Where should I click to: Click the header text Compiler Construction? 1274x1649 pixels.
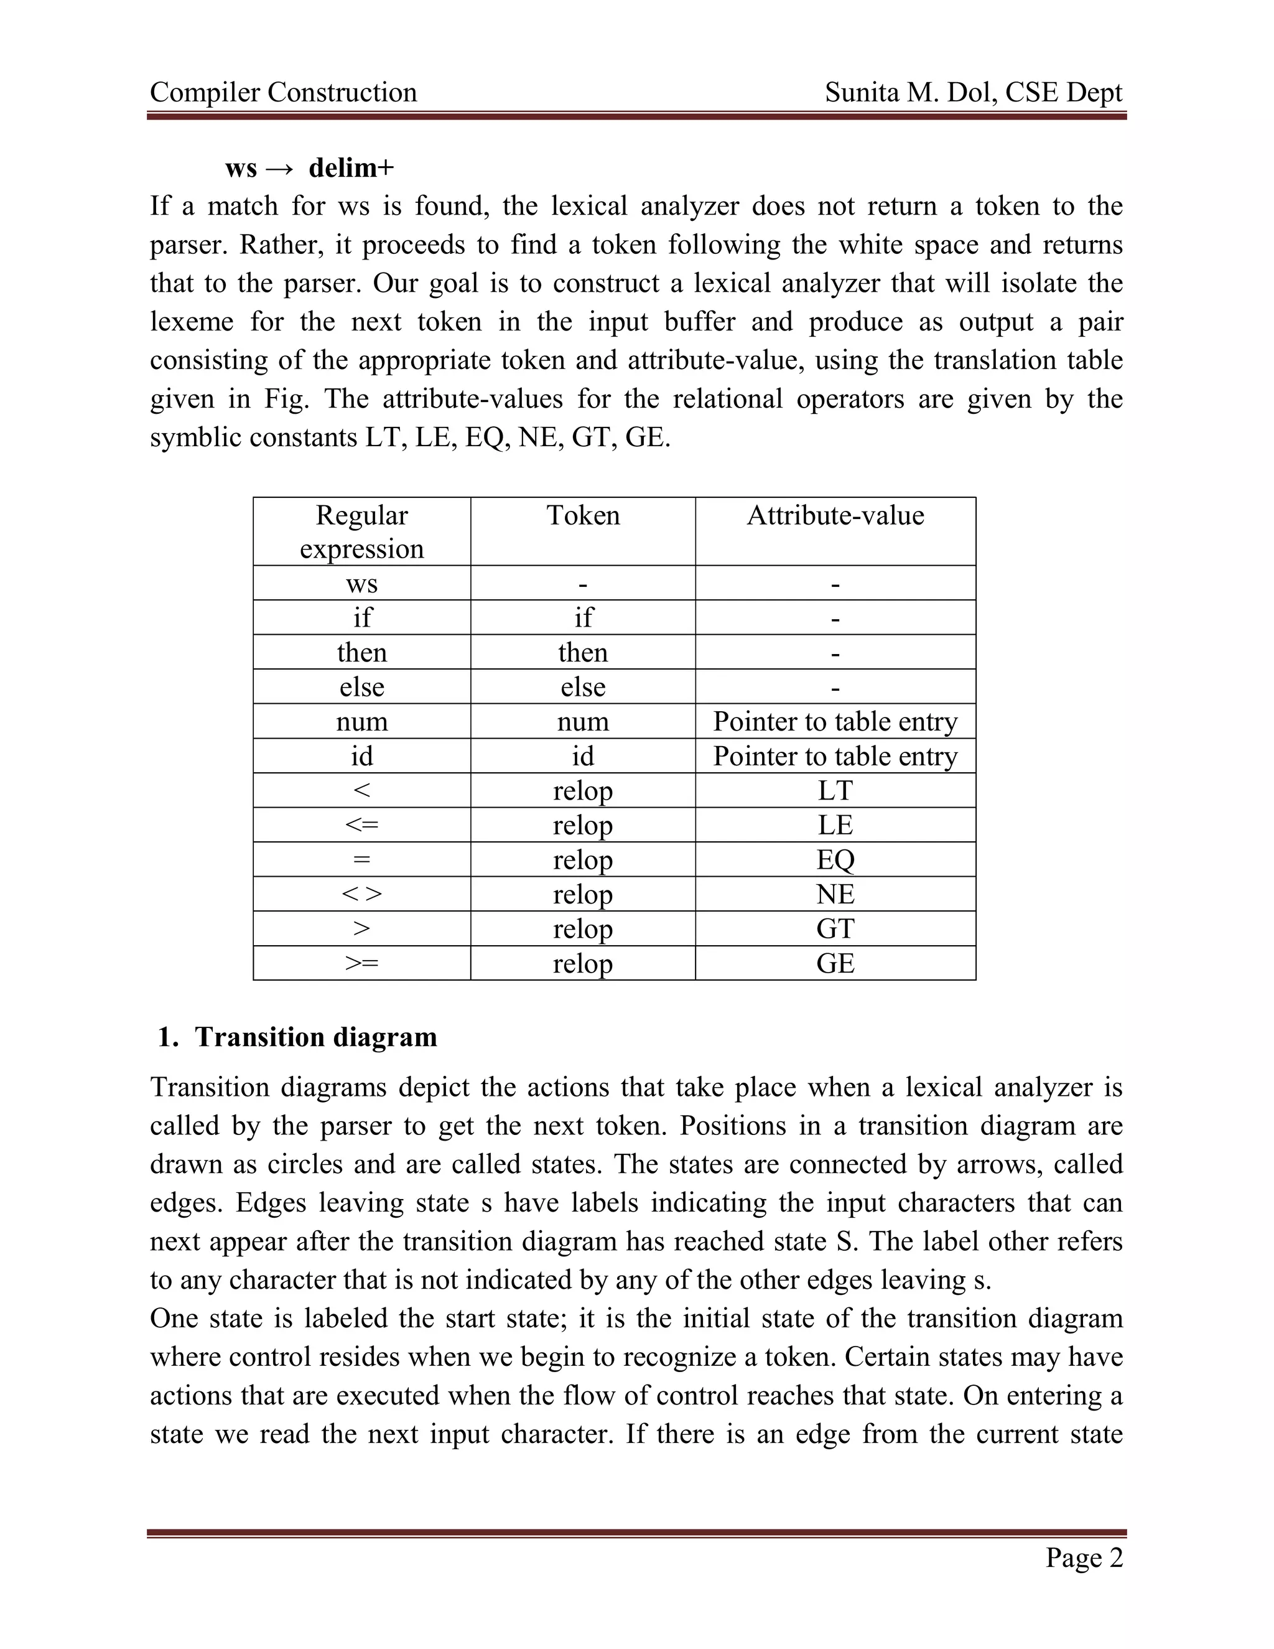[x=283, y=92]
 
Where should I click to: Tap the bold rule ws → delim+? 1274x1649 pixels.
[x=309, y=167]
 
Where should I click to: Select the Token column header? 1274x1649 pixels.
[x=583, y=516]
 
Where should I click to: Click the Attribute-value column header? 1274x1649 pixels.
[x=835, y=516]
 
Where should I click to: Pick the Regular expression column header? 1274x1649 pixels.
[x=361, y=531]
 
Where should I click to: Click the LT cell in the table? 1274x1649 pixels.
[x=835, y=790]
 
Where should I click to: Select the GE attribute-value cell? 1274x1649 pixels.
[x=835, y=963]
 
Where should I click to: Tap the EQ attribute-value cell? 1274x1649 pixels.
[x=835, y=860]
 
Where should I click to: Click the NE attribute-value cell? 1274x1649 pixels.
[x=835, y=895]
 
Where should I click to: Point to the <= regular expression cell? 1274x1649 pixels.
[x=361, y=825]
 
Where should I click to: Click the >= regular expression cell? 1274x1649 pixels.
[x=361, y=963]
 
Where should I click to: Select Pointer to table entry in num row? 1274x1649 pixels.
[x=835, y=722]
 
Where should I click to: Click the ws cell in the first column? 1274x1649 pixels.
[x=361, y=584]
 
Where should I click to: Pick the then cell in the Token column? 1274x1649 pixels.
[x=583, y=652]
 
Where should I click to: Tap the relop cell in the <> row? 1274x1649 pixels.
[x=583, y=895]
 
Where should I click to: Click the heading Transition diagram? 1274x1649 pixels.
[x=315, y=1037]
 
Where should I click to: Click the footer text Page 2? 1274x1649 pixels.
[x=1084, y=1558]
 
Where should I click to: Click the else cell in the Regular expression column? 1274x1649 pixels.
[x=361, y=687]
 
